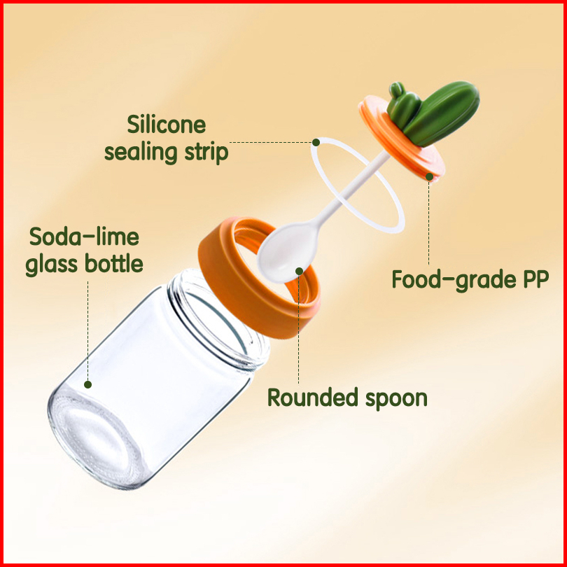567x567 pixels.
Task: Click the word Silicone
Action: pos(167,125)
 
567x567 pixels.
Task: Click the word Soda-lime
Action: pos(84,237)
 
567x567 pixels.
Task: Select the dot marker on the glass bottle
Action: pos(88,384)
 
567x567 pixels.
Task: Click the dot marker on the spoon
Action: pos(299,270)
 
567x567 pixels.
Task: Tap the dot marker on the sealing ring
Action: pos(316,142)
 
